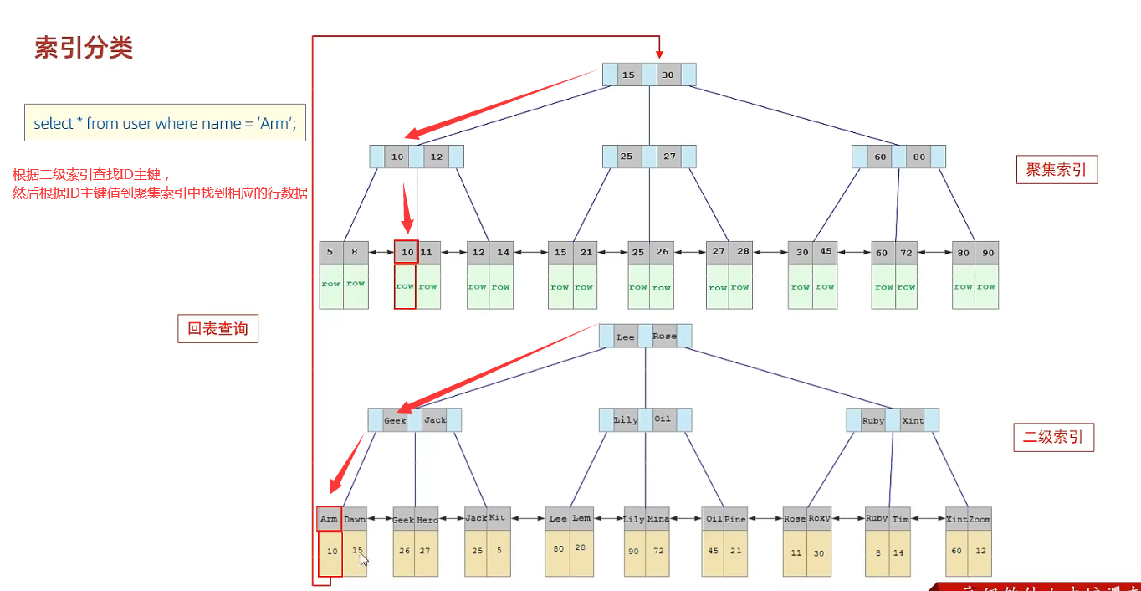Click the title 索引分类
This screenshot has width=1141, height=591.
coord(84,48)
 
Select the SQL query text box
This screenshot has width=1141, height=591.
coord(165,123)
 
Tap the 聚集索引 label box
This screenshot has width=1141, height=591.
coord(1057,170)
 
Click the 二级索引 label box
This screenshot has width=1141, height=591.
coord(1053,436)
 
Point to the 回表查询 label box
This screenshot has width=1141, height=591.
coord(217,329)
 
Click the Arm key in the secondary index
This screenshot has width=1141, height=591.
coord(329,519)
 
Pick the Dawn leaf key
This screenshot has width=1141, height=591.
coord(355,519)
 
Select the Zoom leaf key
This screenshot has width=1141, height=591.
coord(980,519)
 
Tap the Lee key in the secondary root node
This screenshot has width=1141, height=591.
coord(626,337)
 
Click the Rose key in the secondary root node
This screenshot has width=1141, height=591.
coord(664,337)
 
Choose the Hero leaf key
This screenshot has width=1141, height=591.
coord(427,519)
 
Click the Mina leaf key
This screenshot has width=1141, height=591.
coord(658,519)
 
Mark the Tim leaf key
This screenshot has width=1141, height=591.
coord(901,519)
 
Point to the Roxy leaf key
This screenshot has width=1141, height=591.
coord(820,519)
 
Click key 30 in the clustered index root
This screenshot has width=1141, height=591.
coord(668,75)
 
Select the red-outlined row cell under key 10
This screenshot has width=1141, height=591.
coord(405,286)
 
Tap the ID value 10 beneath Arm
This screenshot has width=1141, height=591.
coord(332,552)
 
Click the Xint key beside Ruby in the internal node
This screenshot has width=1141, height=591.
coord(913,420)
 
